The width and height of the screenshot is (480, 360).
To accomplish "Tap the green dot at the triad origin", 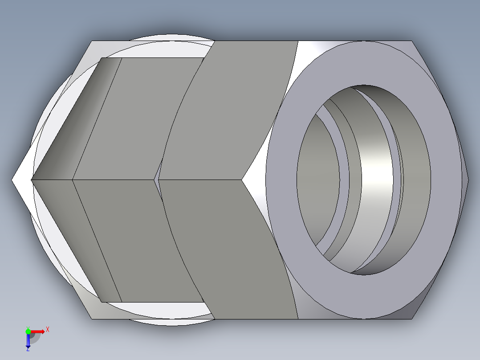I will pos(28,331).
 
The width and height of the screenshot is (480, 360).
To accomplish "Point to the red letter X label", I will pos(48,330).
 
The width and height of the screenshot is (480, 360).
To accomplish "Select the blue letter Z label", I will pos(28,350).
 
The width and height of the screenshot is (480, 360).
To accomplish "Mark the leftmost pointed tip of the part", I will pos(13,180).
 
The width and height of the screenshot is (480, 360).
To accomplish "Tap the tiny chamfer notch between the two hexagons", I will pos(156,180).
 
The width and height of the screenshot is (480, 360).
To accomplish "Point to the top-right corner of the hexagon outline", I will pos(413,41).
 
